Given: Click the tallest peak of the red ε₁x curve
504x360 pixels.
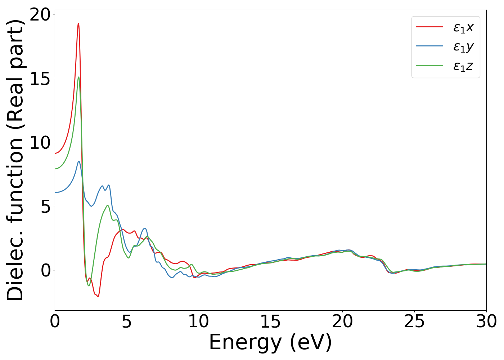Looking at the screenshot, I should pyautogui.click(x=78, y=24).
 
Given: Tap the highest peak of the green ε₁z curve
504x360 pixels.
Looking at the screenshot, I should pyautogui.click(x=78, y=77).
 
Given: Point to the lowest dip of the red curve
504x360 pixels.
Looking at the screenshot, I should pyautogui.click(x=98, y=296).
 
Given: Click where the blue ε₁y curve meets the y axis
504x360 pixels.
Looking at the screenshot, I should pyautogui.click(x=55, y=193).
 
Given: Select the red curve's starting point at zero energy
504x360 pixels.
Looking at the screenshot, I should pyautogui.click(x=55, y=153).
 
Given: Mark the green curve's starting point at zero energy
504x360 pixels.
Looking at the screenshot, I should pyautogui.click(x=55, y=169).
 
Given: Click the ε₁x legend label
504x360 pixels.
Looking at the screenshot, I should pyautogui.click(x=463, y=27).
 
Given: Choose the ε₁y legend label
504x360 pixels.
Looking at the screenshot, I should pyautogui.click(x=463, y=47).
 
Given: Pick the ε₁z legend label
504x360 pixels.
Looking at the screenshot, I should pyautogui.click(x=463, y=66).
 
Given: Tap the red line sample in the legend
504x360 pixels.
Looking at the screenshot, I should pyautogui.click(x=429, y=27).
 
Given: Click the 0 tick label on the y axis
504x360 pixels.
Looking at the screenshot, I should pyautogui.click(x=45, y=270).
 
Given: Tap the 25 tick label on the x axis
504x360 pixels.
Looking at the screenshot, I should pyautogui.click(x=414, y=321).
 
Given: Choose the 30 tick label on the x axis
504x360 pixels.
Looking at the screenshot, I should pyautogui.click(x=486, y=321).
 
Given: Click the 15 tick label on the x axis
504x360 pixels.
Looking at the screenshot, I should pyautogui.click(x=270, y=321).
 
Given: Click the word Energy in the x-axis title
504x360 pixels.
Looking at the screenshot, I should pyautogui.click(x=245, y=343).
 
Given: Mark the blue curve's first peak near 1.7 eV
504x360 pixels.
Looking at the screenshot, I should pyautogui.click(x=79, y=162).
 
